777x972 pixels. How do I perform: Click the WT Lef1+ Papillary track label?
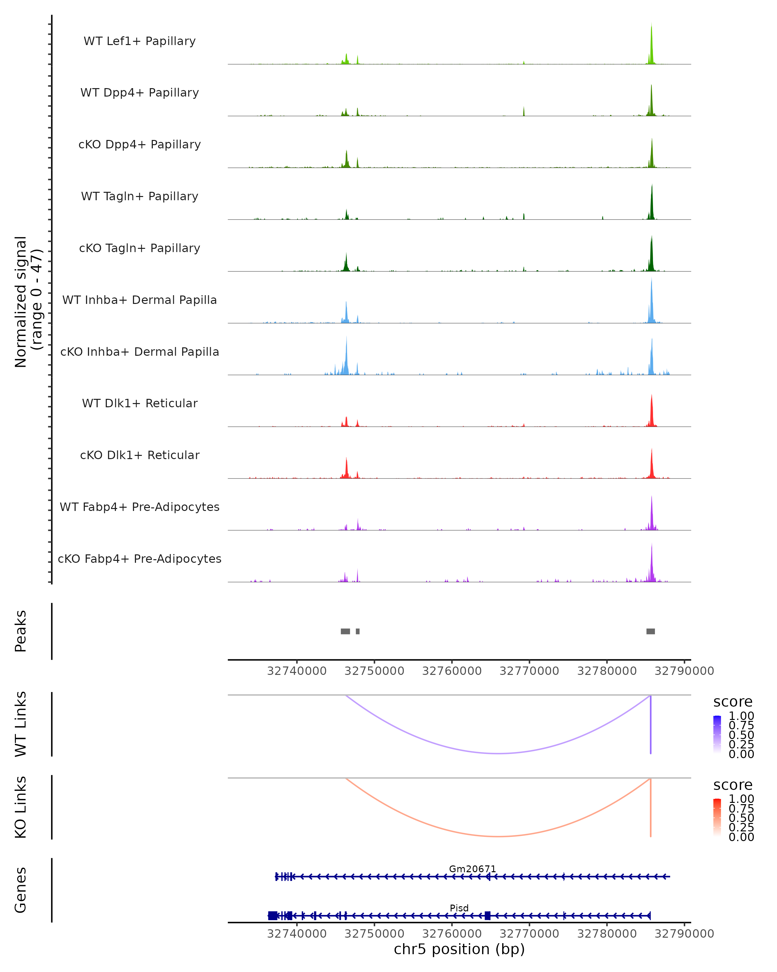point(140,41)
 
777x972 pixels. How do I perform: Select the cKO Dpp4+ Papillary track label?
point(140,145)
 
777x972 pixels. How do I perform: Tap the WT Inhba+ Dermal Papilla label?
point(140,300)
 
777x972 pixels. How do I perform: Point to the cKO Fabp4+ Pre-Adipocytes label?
point(140,559)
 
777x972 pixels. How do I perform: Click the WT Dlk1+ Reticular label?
point(140,403)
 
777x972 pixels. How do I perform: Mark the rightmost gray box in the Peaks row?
point(650,631)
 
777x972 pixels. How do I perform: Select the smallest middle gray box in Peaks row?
point(358,631)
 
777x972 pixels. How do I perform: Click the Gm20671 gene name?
point(472,869)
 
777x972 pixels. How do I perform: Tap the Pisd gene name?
point(459,908)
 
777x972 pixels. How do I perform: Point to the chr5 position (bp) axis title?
point(459,949)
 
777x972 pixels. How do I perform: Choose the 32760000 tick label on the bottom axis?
point(452,934)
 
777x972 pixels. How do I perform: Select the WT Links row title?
point(21,724)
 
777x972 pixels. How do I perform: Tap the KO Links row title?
point(21,807)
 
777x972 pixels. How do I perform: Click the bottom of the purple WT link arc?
point(498,753)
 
